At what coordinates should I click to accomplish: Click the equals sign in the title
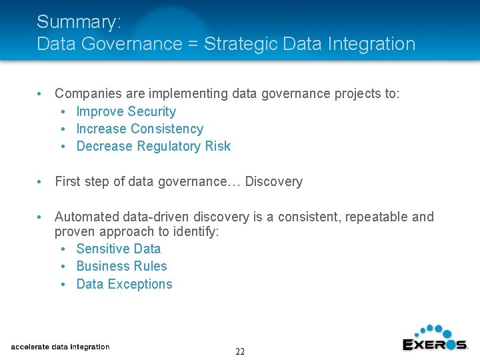point(194,44)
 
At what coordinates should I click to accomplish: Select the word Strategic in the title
point(241,44)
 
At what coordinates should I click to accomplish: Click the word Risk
point(217,146)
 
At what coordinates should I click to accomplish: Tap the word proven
point(75,231)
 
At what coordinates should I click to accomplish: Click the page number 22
point(240,351)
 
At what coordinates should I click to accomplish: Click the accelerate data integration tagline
point(60,347)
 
